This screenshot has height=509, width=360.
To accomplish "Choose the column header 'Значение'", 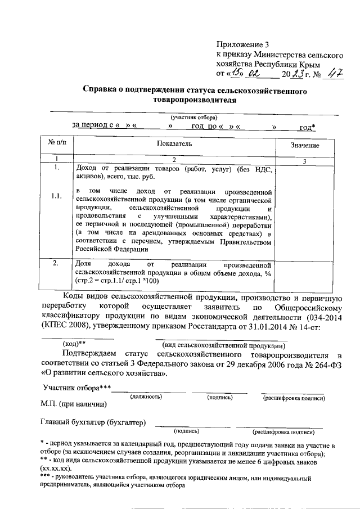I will [x=304, y=146].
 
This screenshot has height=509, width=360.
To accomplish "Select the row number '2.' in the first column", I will [x=56, y=263].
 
